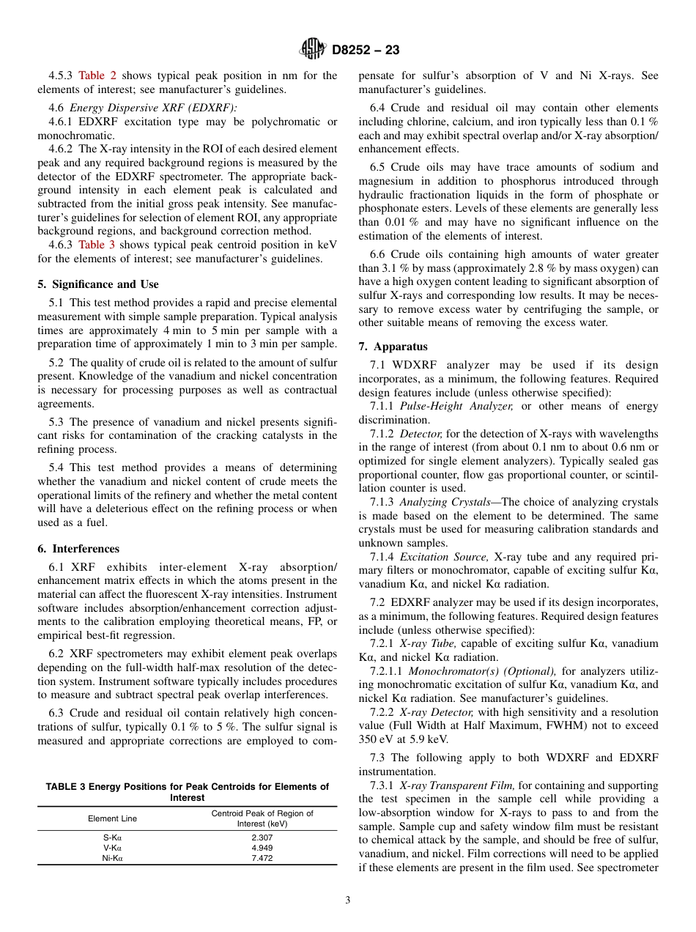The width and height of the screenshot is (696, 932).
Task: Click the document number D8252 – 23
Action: click(x=366, y=51)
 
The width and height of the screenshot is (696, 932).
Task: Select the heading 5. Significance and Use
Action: click(x=97, y=284)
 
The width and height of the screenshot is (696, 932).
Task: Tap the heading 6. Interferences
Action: click(x=78, y=549)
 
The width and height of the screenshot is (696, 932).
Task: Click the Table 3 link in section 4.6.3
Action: click(x=97, y=245)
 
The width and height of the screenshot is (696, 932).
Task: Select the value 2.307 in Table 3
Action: click(x=262, y=836)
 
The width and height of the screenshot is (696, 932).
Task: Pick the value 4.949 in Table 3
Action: click(x=262, y=847)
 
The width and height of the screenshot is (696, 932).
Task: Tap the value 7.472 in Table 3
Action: click(x=262, y=858)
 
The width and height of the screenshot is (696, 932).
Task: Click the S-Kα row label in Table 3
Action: click(x=113, y=836)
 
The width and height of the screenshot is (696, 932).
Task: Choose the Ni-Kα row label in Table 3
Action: click(x=113, y=858)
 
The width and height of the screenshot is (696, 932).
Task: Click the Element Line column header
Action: click(x=112, y=818)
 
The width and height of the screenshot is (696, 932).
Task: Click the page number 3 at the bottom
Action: click(x=347, y=900)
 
